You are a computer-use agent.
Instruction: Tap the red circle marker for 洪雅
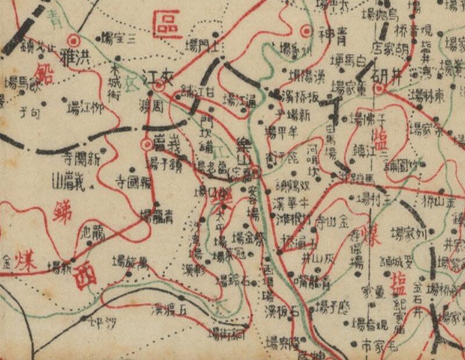point(74,41)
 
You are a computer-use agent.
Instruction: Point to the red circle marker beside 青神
point(306,30)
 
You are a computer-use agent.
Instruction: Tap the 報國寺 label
point(134,180)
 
